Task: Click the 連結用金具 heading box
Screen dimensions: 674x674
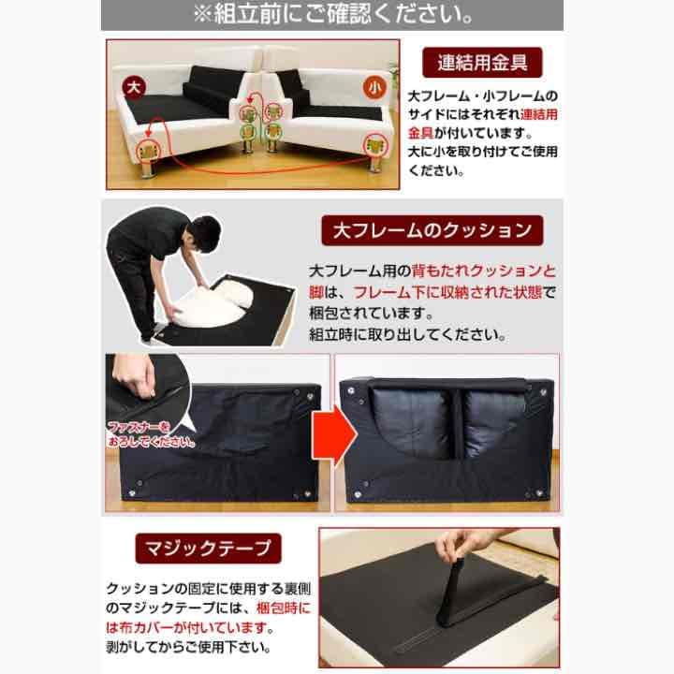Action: (482, 65)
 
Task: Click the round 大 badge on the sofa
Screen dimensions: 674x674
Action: (134, 87)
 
